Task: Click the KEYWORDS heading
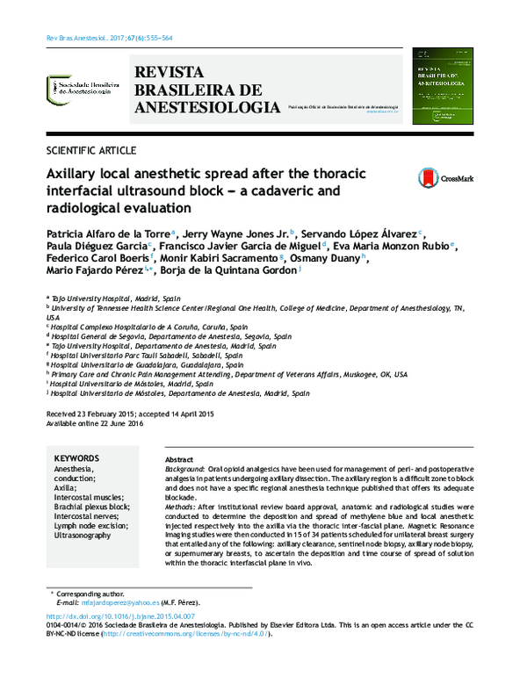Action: (x=77, y=459)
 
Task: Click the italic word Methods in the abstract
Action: (x=181, y=508)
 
